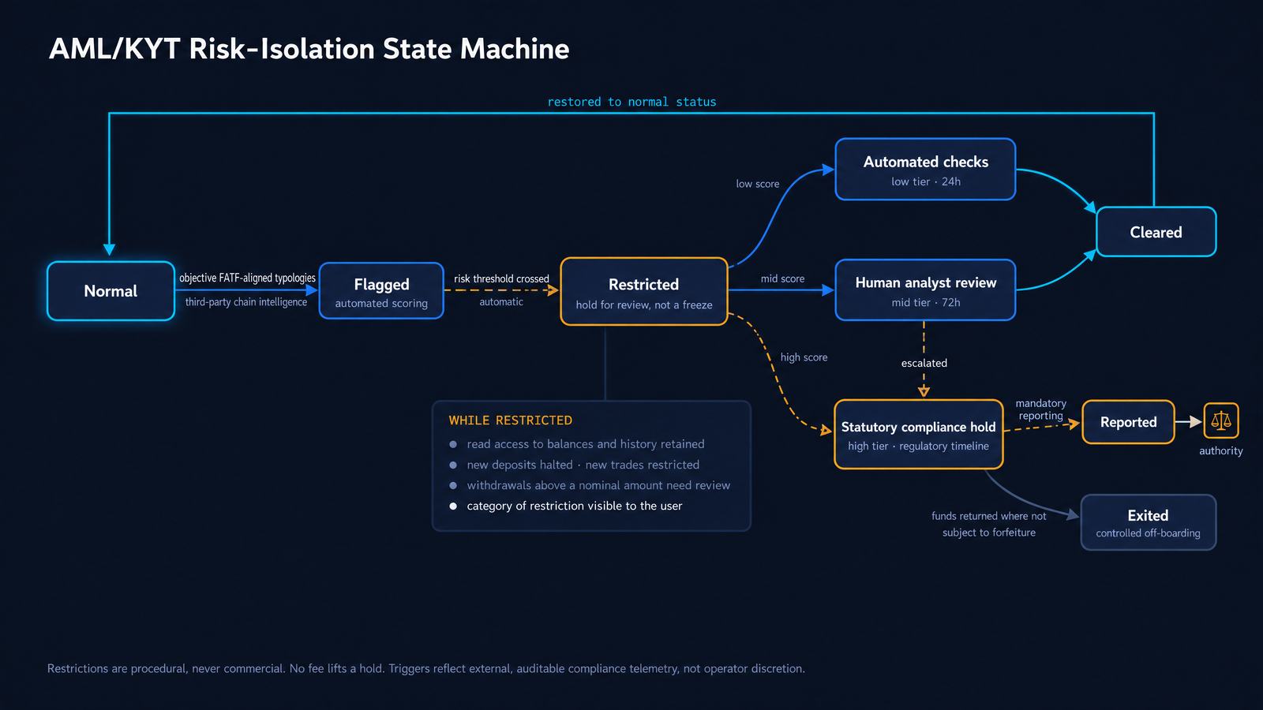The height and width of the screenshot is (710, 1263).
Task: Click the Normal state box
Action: click(x=111, y=291)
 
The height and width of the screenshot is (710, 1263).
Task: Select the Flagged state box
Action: click(x=381, y=291)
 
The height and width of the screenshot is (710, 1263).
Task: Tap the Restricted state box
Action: click(x=644, y=291)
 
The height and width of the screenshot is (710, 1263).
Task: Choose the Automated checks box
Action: click(x=925, y=169)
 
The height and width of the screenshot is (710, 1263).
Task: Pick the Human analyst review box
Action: click(x=925, y=290)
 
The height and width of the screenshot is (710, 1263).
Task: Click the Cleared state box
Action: click(x=1156, y=232)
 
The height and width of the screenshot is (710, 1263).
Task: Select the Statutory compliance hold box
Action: click(x=919, y=435)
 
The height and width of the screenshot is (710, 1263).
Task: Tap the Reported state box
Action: click(x=1128, y=422)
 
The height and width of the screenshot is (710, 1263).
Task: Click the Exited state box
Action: click(x=1148, y=522)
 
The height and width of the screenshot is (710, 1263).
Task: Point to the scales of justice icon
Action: click(x=1220, y=420)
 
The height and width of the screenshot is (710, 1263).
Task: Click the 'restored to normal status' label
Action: click(x=631, y=102)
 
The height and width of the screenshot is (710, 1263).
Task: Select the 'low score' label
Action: click(x=757, y=184)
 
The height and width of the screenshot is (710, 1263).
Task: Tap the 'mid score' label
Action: click(x=782, y=278)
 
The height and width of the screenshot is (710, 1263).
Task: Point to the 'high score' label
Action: click(x=804, y=357)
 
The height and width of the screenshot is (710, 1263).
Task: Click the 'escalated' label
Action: click(x=924, y=363)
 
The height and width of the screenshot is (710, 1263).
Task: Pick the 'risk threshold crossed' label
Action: click(x=501, y=279)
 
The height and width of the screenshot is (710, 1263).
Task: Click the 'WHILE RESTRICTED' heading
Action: click(x=510, y=420)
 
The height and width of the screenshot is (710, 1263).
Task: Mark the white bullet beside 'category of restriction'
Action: click(x=453, y=506)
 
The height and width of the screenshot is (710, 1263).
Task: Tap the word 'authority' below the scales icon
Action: click(x=1220, y=450)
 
